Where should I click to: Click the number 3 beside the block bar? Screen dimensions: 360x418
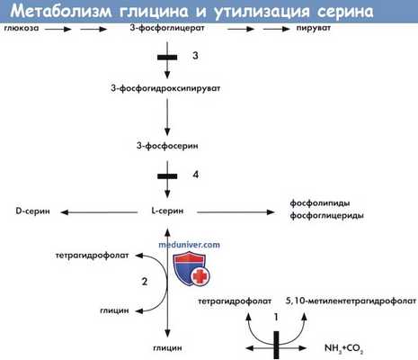[x=196, y=57]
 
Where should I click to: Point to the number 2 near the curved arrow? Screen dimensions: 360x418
[x=143, y=281]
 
